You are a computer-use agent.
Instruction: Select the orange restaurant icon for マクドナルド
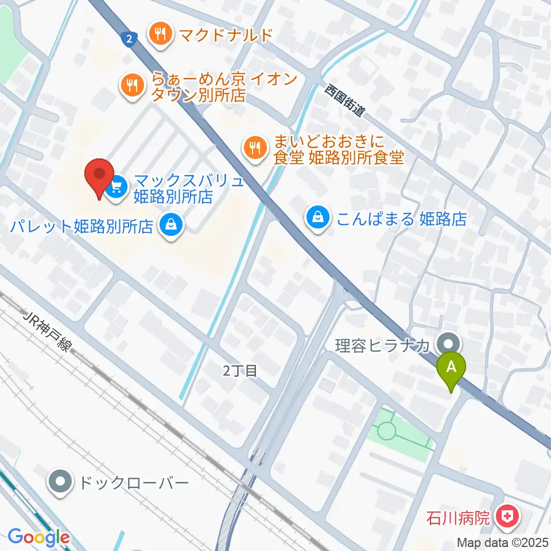point(161,35)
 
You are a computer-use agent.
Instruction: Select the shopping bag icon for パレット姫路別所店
point(171,224)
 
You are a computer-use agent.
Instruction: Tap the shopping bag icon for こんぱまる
point(317,218)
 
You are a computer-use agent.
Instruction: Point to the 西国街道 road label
point(344,100)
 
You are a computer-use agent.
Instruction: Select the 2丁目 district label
point(240,371)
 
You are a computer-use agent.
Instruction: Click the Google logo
point(38,538)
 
